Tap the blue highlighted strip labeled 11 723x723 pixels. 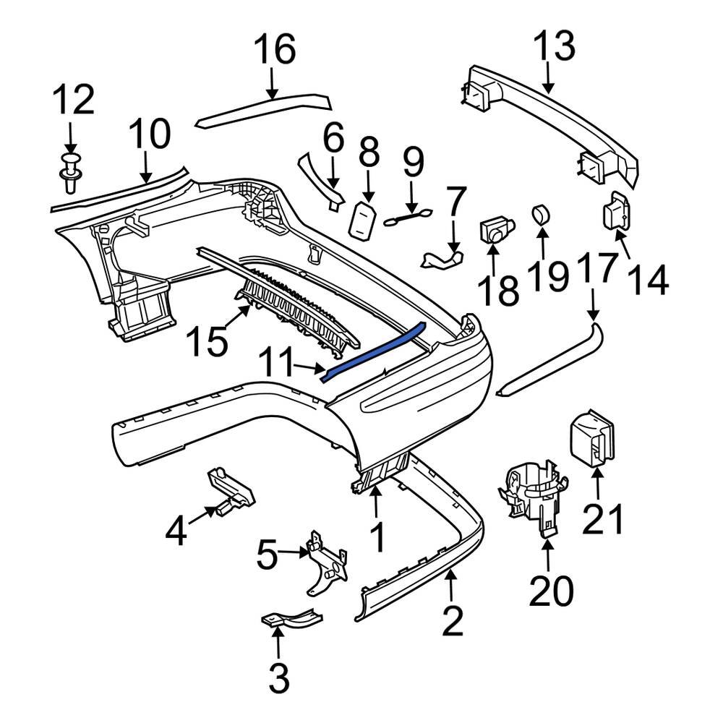(376, 350)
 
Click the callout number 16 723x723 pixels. (274, 50)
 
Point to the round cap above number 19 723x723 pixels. (542, 215)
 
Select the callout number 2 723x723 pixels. (452, 621)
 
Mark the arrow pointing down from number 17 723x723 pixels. (592, 304)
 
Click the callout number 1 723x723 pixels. (377, 538)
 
